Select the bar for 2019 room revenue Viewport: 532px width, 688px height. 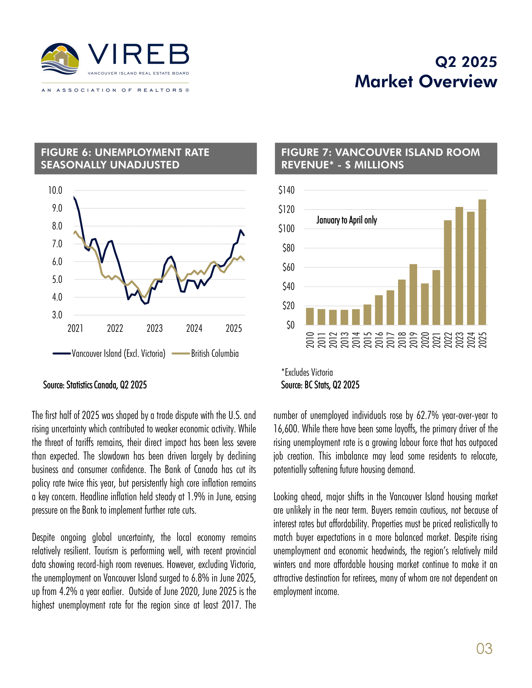pyautogui.click(x=413, y=295)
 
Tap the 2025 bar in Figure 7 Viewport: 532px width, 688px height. pyautogui.click(x=482, y=262)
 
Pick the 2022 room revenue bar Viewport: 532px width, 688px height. pyautogui.click(x=448, y=272)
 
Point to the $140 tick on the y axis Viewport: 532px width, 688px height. pyautogui.click(x=286, y=190)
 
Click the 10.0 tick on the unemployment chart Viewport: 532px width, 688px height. pyautogui.click(x=55, y=190)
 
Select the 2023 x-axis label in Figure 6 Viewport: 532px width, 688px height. pyautogui.click(x=154, y=328)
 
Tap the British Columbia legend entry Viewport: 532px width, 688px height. pyautogui.click(x=205, y=353)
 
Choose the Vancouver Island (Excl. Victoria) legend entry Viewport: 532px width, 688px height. pyautogui.click(x=109, y=353)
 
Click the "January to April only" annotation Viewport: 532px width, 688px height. pyautogui.click(x=347, y=220)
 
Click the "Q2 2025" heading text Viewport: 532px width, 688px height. pyautogui.click(x=466, y=62)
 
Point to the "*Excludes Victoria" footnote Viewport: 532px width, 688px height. pyautogui.click(x=307, y=372)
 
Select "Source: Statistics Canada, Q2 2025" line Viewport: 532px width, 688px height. pyautogui.click(x=95, y=385)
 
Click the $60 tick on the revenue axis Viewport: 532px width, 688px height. pyautogui.click(x=289, y=267)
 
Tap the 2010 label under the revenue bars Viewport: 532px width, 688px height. pyautogui.click(x=310, y=340)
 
